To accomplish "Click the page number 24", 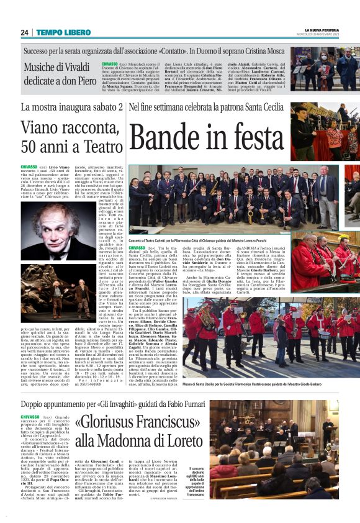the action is (x=24, y=32).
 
